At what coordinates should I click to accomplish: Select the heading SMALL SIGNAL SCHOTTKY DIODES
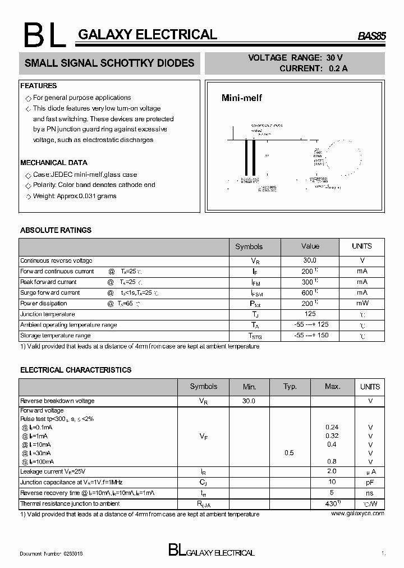(x=109, y=63)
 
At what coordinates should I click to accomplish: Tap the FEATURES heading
(x=38, y=86)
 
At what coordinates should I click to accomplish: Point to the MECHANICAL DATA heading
(x=54, y=163)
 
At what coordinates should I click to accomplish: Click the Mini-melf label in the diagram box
(x=241, y=98)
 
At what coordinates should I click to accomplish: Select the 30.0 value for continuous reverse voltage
(x=310, y=261)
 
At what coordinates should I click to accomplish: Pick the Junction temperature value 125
(x=310, y=314)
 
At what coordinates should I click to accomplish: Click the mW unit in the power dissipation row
(x=362, y=304)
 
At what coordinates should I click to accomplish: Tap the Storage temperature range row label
(x=55, y=336)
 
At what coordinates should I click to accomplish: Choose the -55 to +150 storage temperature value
(x=310, y=336)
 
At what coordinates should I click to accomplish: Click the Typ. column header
(x=290, y=387)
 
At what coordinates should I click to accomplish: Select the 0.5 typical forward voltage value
(x=289, y=452)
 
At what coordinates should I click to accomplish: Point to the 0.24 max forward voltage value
(x=332, y=427)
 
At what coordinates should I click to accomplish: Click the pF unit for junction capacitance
(x=370, y=482)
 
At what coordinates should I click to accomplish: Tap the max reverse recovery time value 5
(x=332, y=493)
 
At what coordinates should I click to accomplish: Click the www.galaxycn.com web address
(x=357, y=514)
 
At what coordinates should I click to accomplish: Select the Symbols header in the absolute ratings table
(x=249, y=246)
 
